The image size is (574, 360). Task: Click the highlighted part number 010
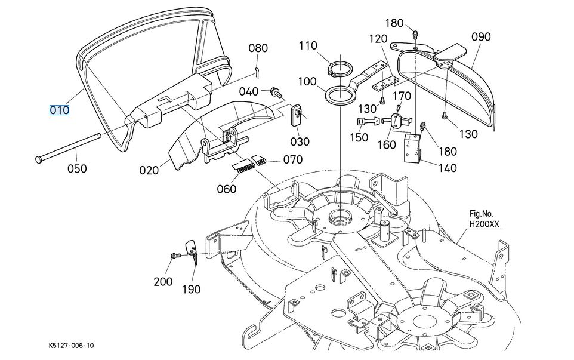click(x=59, y=110)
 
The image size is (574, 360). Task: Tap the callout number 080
click(x=258, y=48)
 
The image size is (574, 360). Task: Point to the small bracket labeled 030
click(x=297, y=115)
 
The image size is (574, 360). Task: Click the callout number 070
click(x=293, y=159)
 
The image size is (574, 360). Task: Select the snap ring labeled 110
click(x=340, y=69)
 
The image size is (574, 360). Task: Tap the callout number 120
click(x=378, y=38)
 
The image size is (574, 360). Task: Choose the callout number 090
click(x=481, y=36)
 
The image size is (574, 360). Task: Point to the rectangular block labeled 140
click(x=412, y=148)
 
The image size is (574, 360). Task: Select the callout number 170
click(x=402, y=96)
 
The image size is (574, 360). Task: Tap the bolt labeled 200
click(x=175, y=255)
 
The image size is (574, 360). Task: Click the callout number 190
click(x=192, y=289)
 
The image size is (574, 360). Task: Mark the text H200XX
click(x=484, y=224)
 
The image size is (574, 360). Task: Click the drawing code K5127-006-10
click(x=71, y=345)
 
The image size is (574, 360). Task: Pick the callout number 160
click(x=387, y=144)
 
